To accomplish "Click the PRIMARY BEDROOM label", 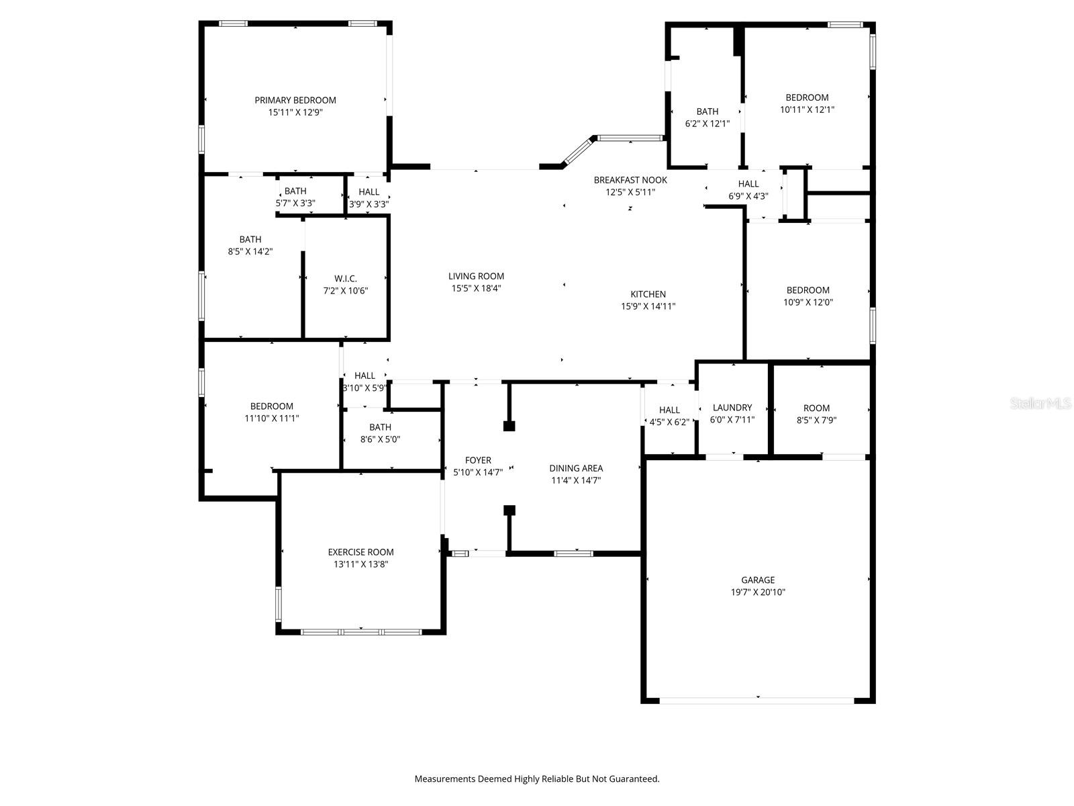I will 295,100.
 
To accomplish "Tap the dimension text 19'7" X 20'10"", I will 758,592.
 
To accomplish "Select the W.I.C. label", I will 346,279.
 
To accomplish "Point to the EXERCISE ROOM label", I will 360,552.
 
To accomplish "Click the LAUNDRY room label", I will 732,408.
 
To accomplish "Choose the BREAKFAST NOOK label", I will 630,180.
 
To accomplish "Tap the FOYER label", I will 478,460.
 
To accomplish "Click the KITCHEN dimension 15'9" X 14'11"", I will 648,306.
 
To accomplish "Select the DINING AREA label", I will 576,468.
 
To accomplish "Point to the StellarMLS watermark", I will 1041,403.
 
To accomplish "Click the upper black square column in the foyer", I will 509,426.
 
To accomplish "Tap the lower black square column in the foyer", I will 509,510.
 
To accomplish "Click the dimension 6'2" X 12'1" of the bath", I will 707,124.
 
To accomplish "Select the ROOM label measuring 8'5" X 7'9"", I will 816,408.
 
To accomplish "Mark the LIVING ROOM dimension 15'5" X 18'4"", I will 477,288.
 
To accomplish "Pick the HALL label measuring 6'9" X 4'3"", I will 748,184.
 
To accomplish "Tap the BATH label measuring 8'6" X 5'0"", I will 380,427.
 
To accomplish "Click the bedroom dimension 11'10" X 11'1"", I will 272,418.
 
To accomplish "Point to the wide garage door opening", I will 757,700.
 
